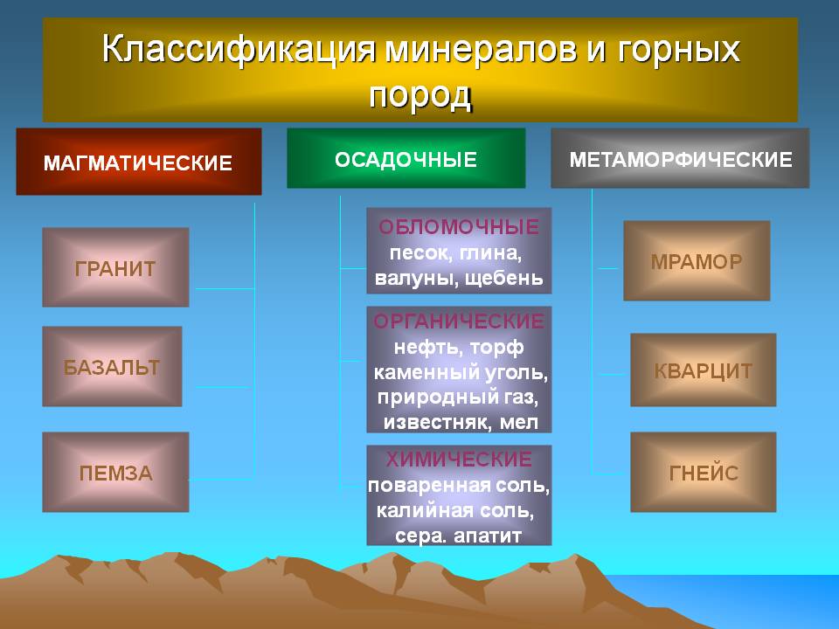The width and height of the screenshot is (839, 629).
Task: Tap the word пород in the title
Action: pos(420,96)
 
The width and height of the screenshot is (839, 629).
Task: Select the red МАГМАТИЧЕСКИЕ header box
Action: pos(139,162)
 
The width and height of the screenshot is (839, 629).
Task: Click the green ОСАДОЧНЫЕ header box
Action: pos(406,158)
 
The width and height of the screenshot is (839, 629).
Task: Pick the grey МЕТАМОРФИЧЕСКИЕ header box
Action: pos(680,158)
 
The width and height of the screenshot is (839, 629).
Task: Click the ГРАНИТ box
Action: pos(115,267)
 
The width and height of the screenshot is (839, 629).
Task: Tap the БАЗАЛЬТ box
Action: pos(113,366)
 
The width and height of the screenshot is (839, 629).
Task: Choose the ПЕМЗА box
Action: pos(115,473)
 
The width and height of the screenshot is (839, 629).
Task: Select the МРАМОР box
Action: pos(697,260)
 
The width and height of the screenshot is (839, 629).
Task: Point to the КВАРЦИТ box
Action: pos(703,370)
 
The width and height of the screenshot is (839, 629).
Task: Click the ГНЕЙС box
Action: pos(703,473)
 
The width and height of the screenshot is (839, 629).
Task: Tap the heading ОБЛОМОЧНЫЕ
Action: pos(459,227)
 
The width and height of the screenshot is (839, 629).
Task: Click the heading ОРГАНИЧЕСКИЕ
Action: pos(459,321)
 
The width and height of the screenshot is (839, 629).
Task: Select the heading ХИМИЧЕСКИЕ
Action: pos(459,460)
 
